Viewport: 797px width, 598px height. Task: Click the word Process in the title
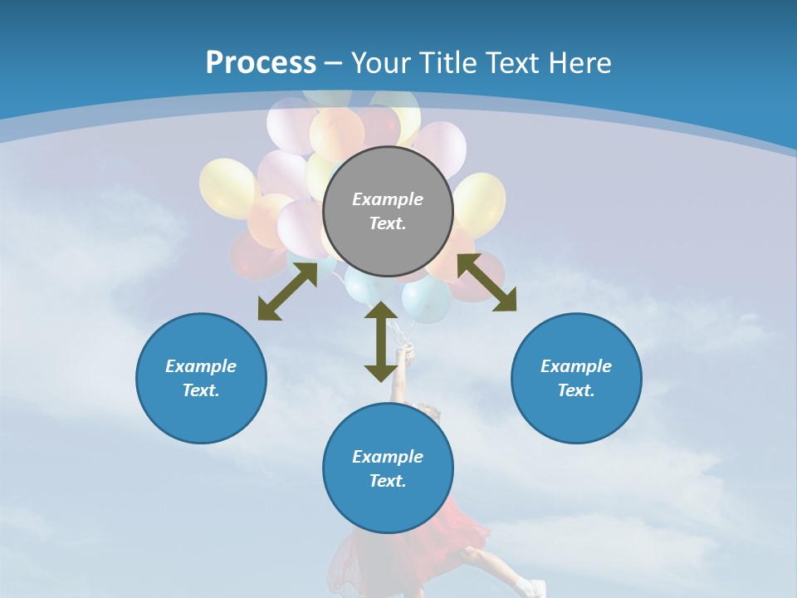click(261, 63)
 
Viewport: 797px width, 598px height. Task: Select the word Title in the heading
click(449, 63)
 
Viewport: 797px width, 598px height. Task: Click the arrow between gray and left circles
click(287, 292)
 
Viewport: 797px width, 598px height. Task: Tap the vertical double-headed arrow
click(381, 341)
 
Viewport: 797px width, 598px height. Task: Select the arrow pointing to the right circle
click(487, 282)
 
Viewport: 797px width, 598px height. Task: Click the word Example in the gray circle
click(388, 199)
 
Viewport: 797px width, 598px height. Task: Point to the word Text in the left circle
click(201, 390)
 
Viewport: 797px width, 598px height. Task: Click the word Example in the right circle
click(576, 366)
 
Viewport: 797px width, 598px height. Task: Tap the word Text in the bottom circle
click(388, 481)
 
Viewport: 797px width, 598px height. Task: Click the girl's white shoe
click(529, 586)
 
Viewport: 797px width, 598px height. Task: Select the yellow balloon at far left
click(227, 188)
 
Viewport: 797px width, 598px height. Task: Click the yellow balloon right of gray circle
click(480, 203)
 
